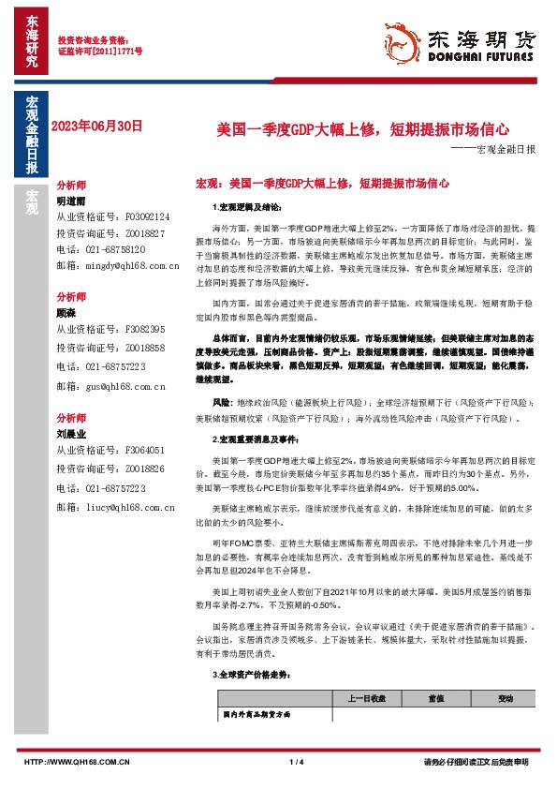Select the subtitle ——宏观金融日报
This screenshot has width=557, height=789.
click(494, 150)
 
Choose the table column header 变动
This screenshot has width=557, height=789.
click(506, 698)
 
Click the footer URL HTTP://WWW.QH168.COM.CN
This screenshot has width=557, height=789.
click(77, 761)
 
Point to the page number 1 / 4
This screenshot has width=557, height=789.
click(299, 761)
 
